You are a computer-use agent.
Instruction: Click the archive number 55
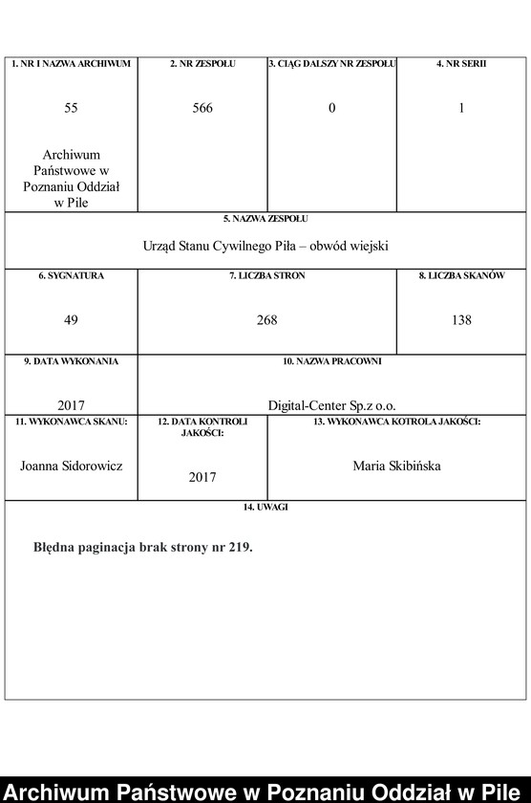tap(72, 108)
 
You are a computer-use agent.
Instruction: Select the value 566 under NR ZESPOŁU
tap(202, 108)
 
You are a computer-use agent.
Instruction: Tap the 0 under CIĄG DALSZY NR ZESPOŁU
tap(332, 108)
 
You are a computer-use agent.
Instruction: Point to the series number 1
tap(461, 108)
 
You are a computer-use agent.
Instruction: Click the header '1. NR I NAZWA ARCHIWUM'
tap(72, 64)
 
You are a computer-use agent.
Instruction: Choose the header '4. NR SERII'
tap(461, 64)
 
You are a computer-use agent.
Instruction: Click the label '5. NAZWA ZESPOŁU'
tap(266, 219)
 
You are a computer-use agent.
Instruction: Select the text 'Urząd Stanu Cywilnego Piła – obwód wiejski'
tap(266, 246)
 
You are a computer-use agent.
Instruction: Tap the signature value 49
tap(72, 320)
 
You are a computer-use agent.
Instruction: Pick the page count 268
tap(266, 320)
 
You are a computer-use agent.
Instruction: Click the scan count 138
tap(461, 320)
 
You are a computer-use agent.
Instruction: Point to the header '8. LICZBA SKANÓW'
tap(461, 276)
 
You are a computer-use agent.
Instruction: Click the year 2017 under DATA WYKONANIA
tap(72, 405)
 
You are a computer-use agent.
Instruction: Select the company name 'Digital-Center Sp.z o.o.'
tap(331, 405)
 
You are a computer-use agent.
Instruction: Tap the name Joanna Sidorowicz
tap(72, 466)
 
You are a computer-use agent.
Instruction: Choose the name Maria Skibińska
tap(396, 466)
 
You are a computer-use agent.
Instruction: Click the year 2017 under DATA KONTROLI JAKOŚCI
tap(202, 476)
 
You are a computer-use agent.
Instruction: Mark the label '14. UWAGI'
tap(266, 508)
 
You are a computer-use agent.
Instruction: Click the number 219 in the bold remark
tap(239, 549)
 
